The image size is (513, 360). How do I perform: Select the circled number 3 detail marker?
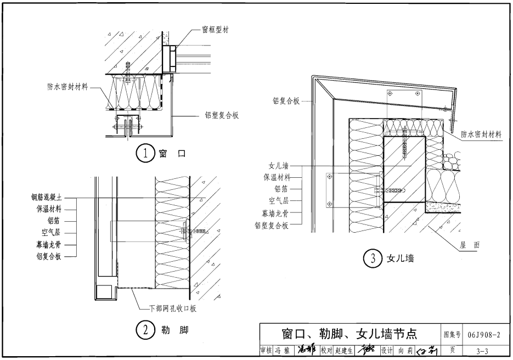click(x=373, y=258)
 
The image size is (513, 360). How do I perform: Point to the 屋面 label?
click(x=469, y=246)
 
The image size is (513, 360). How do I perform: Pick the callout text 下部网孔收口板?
click(x=173, y=308)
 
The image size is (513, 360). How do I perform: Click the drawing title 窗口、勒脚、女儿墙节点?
click(x=349, y=334)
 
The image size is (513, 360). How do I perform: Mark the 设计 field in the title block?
click(x=387, y=350)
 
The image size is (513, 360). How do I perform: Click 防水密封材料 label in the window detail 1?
click(x=69, y=87)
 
